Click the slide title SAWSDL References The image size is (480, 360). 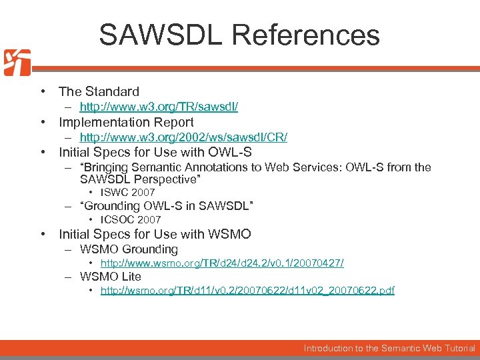[239, 35]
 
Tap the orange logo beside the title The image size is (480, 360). [17, 63]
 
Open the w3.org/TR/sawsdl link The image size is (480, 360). [159, 107]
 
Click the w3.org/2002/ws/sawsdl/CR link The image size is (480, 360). [183, 137]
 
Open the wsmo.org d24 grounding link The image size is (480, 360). [222, 263]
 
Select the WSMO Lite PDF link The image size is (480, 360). [247, 291]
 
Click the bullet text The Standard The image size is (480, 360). [99, 91]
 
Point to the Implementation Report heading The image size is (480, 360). [126, 122]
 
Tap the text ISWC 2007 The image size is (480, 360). [127, 193]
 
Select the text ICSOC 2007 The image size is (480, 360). [131, 219]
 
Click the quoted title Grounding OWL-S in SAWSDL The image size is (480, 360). [167, 206]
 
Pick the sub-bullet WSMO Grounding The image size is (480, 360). [129, 249]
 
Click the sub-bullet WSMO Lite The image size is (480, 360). [111, 277]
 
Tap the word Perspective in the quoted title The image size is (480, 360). [169, 179]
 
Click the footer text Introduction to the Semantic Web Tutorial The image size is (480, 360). [389, 348]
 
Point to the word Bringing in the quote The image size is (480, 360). [107, 167]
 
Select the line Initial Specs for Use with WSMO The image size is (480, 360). [155, 234]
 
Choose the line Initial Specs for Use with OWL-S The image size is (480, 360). [155, 152]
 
